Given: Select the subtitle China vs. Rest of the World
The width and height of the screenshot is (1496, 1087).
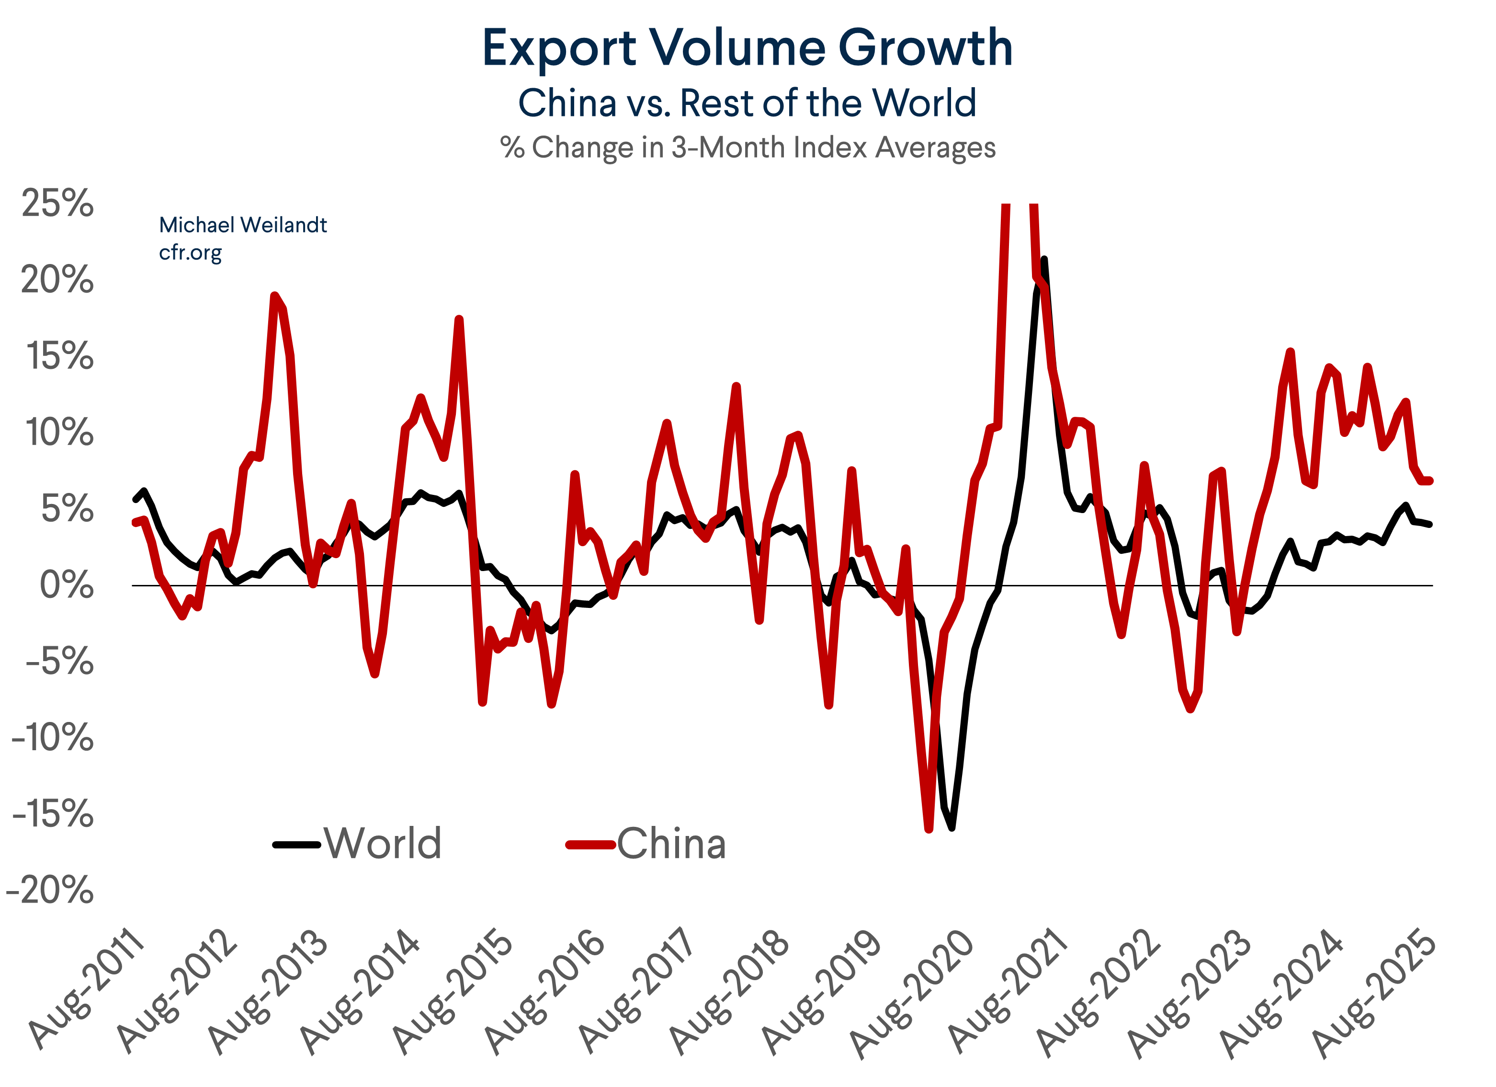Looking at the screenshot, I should [748, 103].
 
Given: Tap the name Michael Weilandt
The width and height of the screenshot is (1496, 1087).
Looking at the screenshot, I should [243, 225].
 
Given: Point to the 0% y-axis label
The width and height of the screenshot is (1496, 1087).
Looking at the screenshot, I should [66, 585].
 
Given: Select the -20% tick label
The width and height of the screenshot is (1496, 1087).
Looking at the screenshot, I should [50, 891].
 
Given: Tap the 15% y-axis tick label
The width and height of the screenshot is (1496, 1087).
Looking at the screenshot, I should [59, 356].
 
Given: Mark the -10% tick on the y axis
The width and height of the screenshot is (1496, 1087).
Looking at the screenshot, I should [53, 738].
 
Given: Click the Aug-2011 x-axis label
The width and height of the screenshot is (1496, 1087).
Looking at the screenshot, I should [86, 990].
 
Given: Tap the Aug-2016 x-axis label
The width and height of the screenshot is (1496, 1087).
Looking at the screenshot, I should [545, 990].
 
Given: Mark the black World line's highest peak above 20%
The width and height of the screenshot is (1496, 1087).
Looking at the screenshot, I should [1043, 259].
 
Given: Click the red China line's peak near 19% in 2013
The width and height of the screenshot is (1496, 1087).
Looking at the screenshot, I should [274, 296].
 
